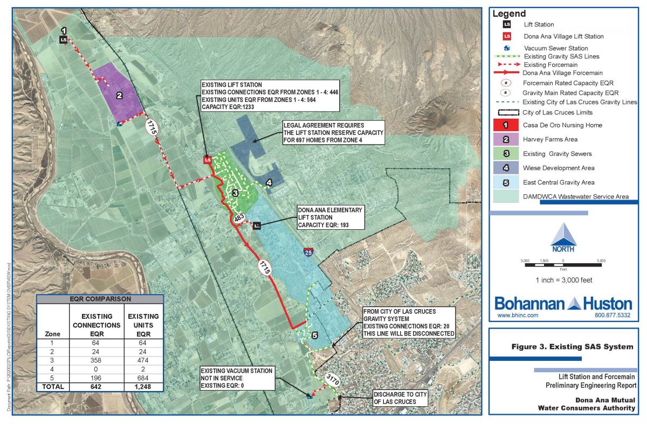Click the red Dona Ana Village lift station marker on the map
coord(207,160)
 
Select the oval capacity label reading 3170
coord(332,381)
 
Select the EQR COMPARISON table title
coord(100,298)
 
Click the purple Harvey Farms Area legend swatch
coord(506,139)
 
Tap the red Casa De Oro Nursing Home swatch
coord(506,125)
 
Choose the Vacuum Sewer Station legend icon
coord(506,48)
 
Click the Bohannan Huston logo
coord(563,303)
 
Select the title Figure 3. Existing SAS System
coord(572,347)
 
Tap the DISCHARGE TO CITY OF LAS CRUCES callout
coord(400,398)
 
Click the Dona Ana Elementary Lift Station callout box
coord(330,217)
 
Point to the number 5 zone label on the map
coord(315,335)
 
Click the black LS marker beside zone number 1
coord(64,39)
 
